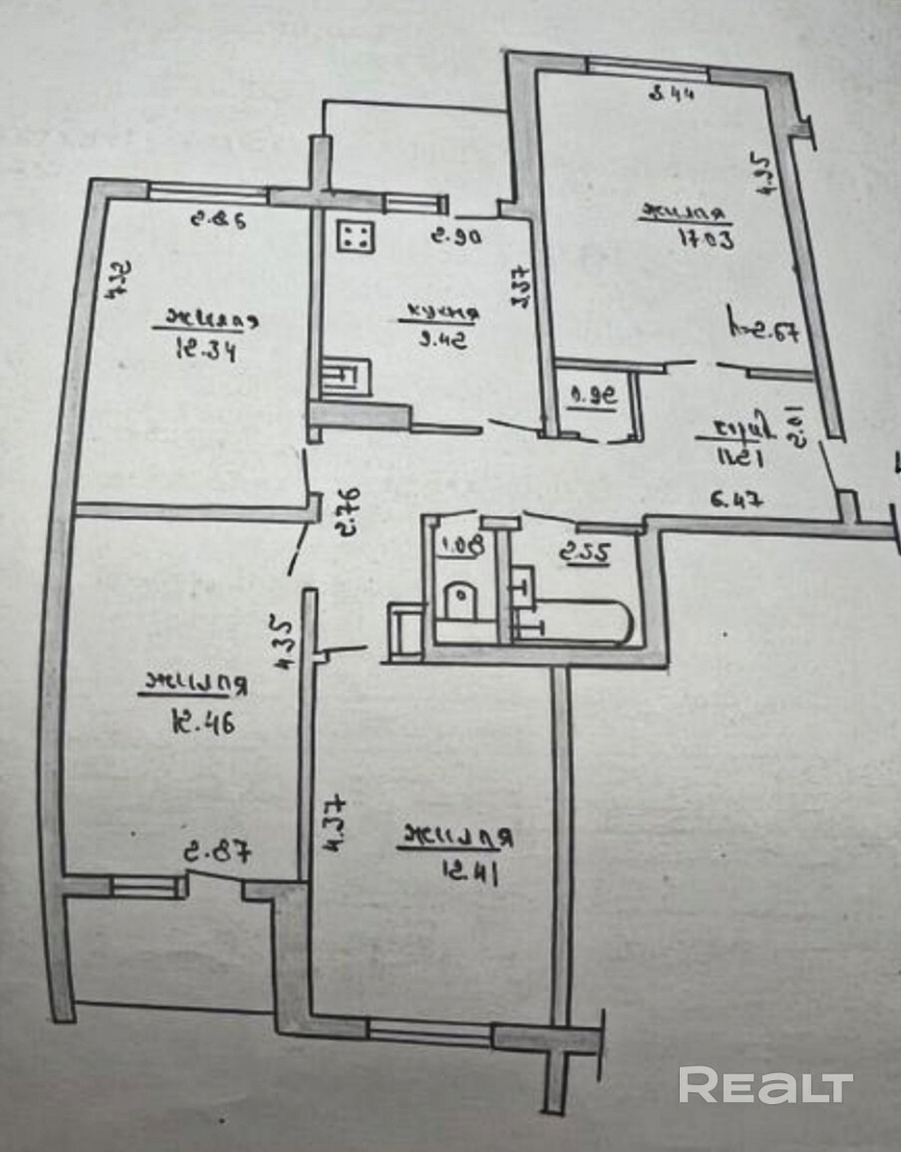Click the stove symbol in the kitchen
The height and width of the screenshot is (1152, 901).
click(x=355, y=235)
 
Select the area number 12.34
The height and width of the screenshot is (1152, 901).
click(x=204, y=351)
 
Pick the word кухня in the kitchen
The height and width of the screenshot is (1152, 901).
click(x=440, y=315)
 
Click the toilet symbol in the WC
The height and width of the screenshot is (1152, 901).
click(x=462, y=601)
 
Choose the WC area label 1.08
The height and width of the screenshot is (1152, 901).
click(x=453, y=545)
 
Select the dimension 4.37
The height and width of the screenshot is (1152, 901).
click(x=332, y=819)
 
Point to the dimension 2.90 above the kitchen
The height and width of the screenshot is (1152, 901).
click(x=456, y=237)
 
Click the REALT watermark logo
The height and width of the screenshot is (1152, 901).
click(x=765, y=1085)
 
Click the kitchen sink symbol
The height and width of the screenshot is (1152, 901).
click(x=347, y=378)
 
